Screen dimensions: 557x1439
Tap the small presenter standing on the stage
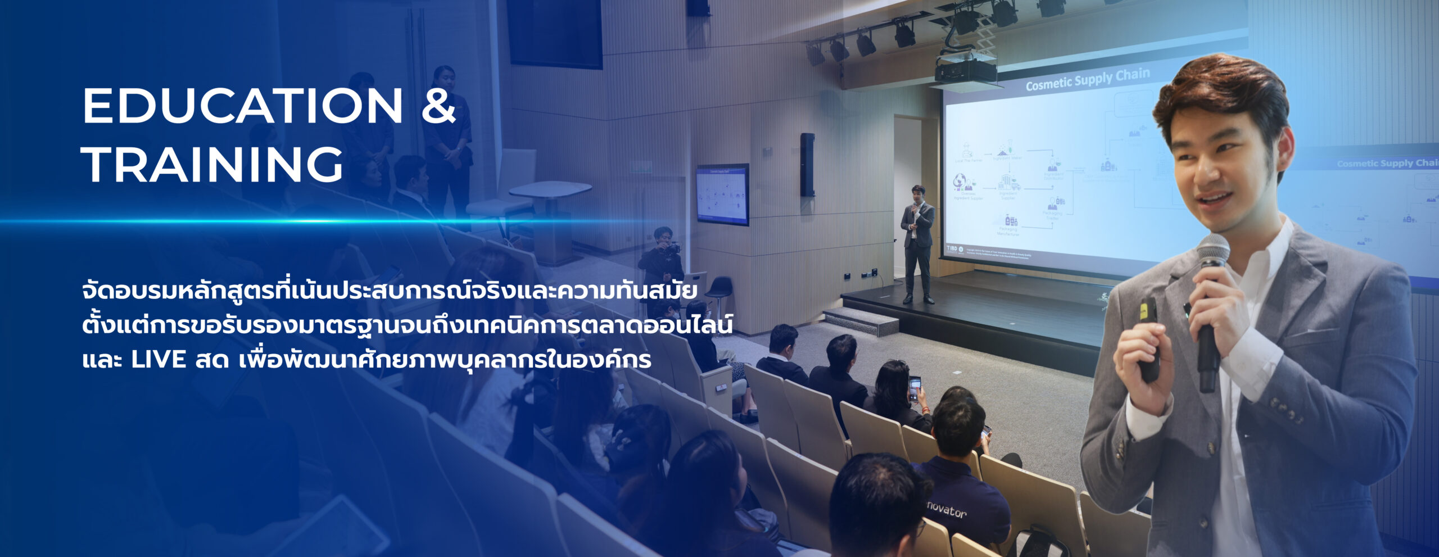pos(917,242)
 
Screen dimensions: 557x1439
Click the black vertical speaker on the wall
pos(807,165)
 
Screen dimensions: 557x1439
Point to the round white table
pos(550,191)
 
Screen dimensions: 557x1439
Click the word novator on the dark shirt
pos(947,509)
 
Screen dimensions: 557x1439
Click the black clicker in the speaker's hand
pos(1148,337)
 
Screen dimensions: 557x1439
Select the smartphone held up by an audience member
pos(915,387)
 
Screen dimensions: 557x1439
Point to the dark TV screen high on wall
pos(555,31)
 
